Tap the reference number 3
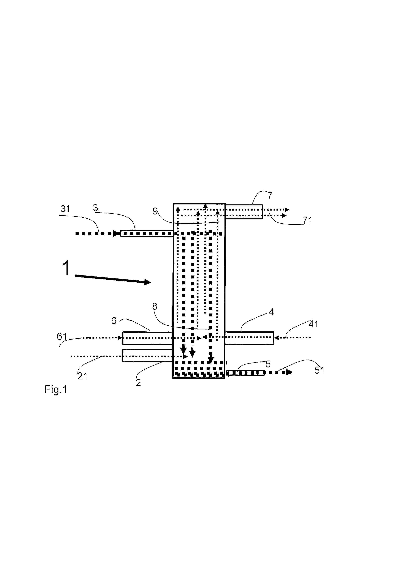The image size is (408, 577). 95,208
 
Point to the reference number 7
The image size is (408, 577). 270,195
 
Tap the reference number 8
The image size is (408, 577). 155,306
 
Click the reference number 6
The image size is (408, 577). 114,321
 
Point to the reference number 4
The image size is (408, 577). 271,312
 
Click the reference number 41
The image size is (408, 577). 313,324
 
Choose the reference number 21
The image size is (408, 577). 82,376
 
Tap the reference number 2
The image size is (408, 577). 138,383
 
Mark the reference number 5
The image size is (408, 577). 268,364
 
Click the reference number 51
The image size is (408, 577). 319,370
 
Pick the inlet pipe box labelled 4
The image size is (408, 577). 249,338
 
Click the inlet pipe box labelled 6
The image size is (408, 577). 148,338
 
